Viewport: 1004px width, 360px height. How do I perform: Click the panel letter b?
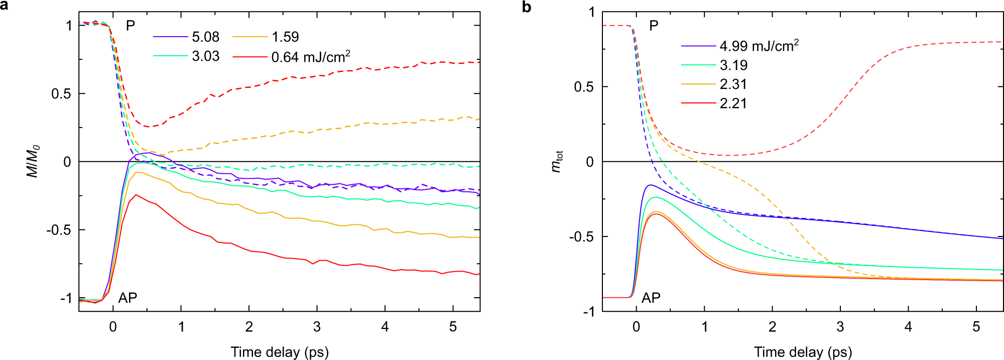[x=527, y=7]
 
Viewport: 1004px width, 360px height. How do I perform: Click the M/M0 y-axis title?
[x=33, y=161]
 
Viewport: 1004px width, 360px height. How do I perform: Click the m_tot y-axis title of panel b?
[x=557, y=161]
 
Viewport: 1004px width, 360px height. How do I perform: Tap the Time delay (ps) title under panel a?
[x=280, y=352]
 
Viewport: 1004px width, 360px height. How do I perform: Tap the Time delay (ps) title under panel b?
[x=803, y=352]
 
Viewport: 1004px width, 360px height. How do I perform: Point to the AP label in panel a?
[x=128, y=298]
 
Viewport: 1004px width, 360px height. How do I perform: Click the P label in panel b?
[x=654, y=25]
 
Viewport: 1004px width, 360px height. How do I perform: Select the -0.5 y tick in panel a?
[x=59, y=230]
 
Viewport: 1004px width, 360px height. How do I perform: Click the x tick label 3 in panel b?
[x=840, y=327]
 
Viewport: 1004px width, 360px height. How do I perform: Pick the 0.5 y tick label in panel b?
[x=584, y=87]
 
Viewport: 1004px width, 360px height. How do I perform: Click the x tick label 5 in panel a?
[x=453, y=327]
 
